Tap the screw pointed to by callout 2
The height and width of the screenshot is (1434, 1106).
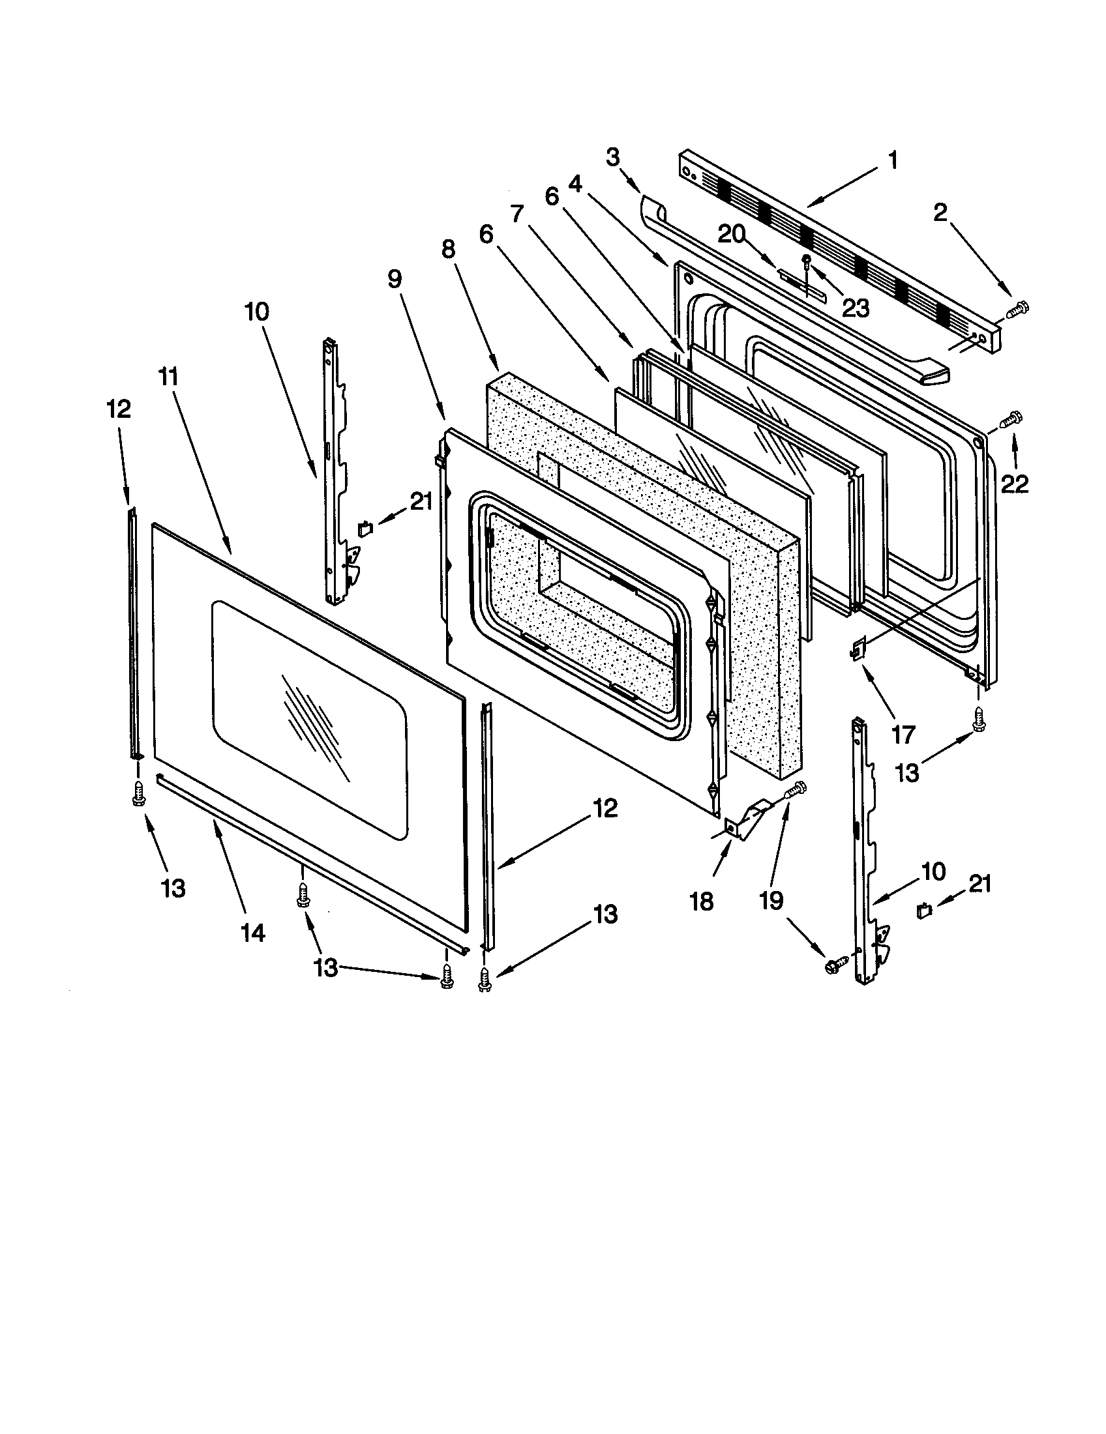[x=1018, y=308]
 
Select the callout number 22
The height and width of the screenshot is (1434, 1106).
[x=1015, y=484]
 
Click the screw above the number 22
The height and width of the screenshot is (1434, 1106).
[x=1011, y=418]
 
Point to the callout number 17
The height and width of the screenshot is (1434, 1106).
[x=903, y=734]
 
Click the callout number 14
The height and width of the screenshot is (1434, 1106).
[x=253, y=931]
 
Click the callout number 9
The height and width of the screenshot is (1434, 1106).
[x=394, y=278]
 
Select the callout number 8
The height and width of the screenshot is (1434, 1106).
[x=448, y=250]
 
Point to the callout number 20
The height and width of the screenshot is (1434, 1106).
[x=732, y=234]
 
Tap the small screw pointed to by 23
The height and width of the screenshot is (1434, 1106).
[x=807, y=261]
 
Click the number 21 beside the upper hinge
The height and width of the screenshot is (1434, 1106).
[x=421, y=501]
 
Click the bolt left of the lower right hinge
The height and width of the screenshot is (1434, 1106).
[x=832, y=964]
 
